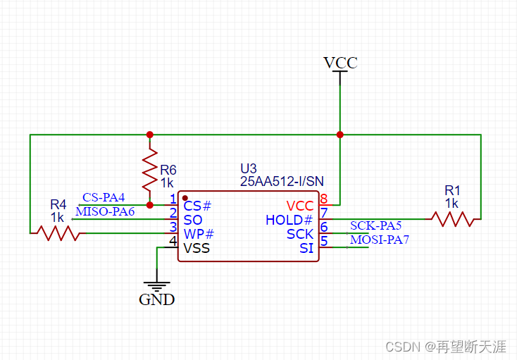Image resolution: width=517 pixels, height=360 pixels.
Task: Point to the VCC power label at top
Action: point(340,63)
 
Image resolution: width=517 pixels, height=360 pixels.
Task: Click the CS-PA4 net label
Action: point(104,197)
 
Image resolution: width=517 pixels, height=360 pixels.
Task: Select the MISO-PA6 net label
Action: point(105,211)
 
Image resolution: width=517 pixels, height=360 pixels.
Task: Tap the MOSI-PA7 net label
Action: point(380,240)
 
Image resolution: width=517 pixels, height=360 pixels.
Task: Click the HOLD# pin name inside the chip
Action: point(289,220)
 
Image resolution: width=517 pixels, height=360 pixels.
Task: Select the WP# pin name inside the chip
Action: point(199,234)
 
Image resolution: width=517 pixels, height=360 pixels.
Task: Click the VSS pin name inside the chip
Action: point(197,248)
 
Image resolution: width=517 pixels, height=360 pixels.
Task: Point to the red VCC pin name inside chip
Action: point(300,206)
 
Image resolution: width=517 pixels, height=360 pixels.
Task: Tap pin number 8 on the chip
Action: point(324,199)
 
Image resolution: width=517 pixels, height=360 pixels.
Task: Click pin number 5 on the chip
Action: point(324,241)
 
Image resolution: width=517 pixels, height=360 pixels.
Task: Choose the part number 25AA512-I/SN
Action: point(281,182)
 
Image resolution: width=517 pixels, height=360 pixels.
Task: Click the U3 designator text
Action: point(249,169)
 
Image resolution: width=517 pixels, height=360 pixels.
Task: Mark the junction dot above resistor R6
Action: point(149,134)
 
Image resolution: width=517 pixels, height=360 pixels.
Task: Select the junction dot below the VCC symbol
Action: point(340,134)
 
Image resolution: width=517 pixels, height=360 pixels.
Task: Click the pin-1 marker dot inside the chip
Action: point(185,198)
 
